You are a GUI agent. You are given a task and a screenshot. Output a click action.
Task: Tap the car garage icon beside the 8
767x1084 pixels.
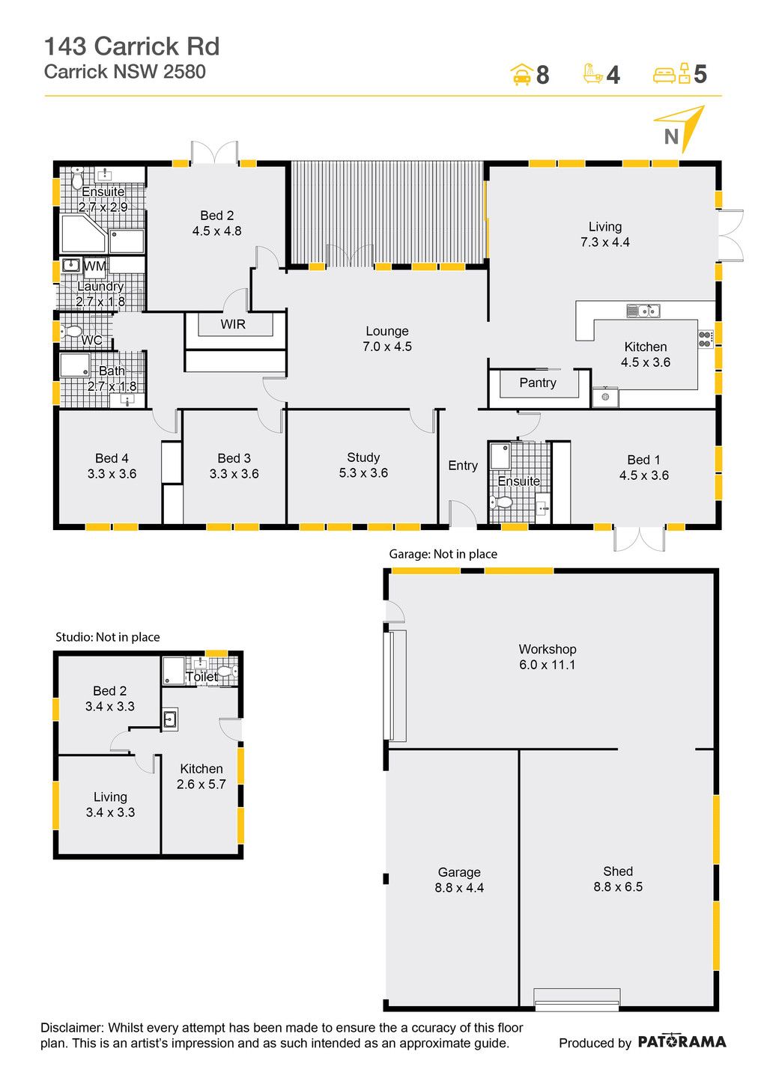coord(521,75)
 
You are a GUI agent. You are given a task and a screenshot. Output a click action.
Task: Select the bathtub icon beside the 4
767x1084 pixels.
coord(592,73)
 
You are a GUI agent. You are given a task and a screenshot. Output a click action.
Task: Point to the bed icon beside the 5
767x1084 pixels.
coord(671,73)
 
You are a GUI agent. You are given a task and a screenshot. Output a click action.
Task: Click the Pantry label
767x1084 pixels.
coord(538,383)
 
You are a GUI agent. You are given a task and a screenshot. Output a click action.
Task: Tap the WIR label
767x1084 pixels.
coord(233,324)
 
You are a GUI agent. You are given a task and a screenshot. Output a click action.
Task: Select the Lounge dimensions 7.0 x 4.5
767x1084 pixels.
coord(387,347)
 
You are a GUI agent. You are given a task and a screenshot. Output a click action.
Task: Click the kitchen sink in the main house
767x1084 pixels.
coord(643,311)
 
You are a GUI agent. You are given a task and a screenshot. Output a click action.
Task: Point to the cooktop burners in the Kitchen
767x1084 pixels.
coord(705,338)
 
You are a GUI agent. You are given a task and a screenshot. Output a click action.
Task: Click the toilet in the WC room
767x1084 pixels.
coord(71,332)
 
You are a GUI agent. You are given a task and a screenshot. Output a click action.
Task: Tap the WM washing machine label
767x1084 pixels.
coord(94,267)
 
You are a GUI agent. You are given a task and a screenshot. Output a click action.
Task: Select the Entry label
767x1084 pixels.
coord(463,466)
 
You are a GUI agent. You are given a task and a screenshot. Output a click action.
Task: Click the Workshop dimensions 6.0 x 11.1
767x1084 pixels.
coord(548,665)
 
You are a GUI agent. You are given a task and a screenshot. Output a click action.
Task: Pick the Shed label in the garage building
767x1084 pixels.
coord(618,871)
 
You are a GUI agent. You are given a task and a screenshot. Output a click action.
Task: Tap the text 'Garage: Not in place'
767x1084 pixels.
coord(443,554)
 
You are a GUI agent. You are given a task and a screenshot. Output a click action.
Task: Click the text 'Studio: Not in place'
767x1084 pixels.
coord(108,637)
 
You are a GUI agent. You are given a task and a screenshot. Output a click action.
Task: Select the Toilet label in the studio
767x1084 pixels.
coord(202,677)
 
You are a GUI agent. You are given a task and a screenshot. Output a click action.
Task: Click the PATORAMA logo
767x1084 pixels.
coord(682,1041)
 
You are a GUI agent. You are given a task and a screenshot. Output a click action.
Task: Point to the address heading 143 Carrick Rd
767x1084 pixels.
coord(132,47)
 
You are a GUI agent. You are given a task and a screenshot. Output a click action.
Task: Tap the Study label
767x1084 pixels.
coord(363,458)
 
